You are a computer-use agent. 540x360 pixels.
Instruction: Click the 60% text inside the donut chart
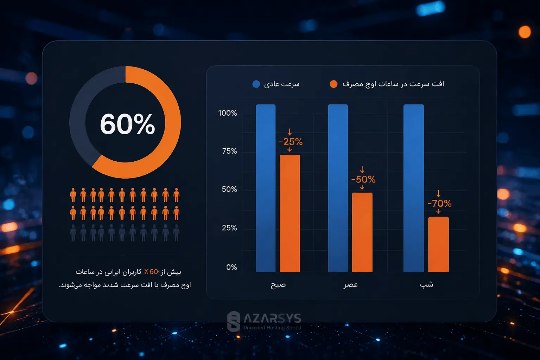[x=127, y=124]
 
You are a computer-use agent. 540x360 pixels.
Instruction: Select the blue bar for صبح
[x=266, y=188]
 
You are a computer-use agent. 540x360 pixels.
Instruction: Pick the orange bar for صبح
[x=290, y=213]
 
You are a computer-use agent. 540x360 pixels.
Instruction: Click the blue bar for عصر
[x=338, y=188]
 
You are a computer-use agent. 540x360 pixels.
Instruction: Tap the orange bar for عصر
[x=362, y=232]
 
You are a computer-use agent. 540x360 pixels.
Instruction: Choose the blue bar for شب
[x=414, y=188]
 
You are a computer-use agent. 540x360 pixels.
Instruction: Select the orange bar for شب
[x=439, y=244]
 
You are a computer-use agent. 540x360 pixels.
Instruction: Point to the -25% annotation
[x=291, y=142]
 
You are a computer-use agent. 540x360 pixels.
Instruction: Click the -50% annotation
[x=363, y=179]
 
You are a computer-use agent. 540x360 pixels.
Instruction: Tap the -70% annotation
[x=439, y=203]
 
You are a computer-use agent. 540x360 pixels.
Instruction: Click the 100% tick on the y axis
[x=227, y=113]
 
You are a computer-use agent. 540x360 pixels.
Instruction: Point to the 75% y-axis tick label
[x=229, y=151]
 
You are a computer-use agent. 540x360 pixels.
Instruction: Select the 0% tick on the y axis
[x=231, y=267]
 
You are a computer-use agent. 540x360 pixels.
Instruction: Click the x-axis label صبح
[x=278, y=285]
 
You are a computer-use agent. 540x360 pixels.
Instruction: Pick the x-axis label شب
[x=426, y=284]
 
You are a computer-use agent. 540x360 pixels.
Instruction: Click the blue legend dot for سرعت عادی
[x=256, y=84]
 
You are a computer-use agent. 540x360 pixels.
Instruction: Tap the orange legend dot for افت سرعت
[x=333, y=84]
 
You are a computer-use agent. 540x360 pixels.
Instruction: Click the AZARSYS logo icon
[x=234, y=321]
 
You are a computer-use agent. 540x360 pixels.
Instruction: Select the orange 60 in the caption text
[x=154, y=272]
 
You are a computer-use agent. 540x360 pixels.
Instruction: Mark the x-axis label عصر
[x=351, y=285]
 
